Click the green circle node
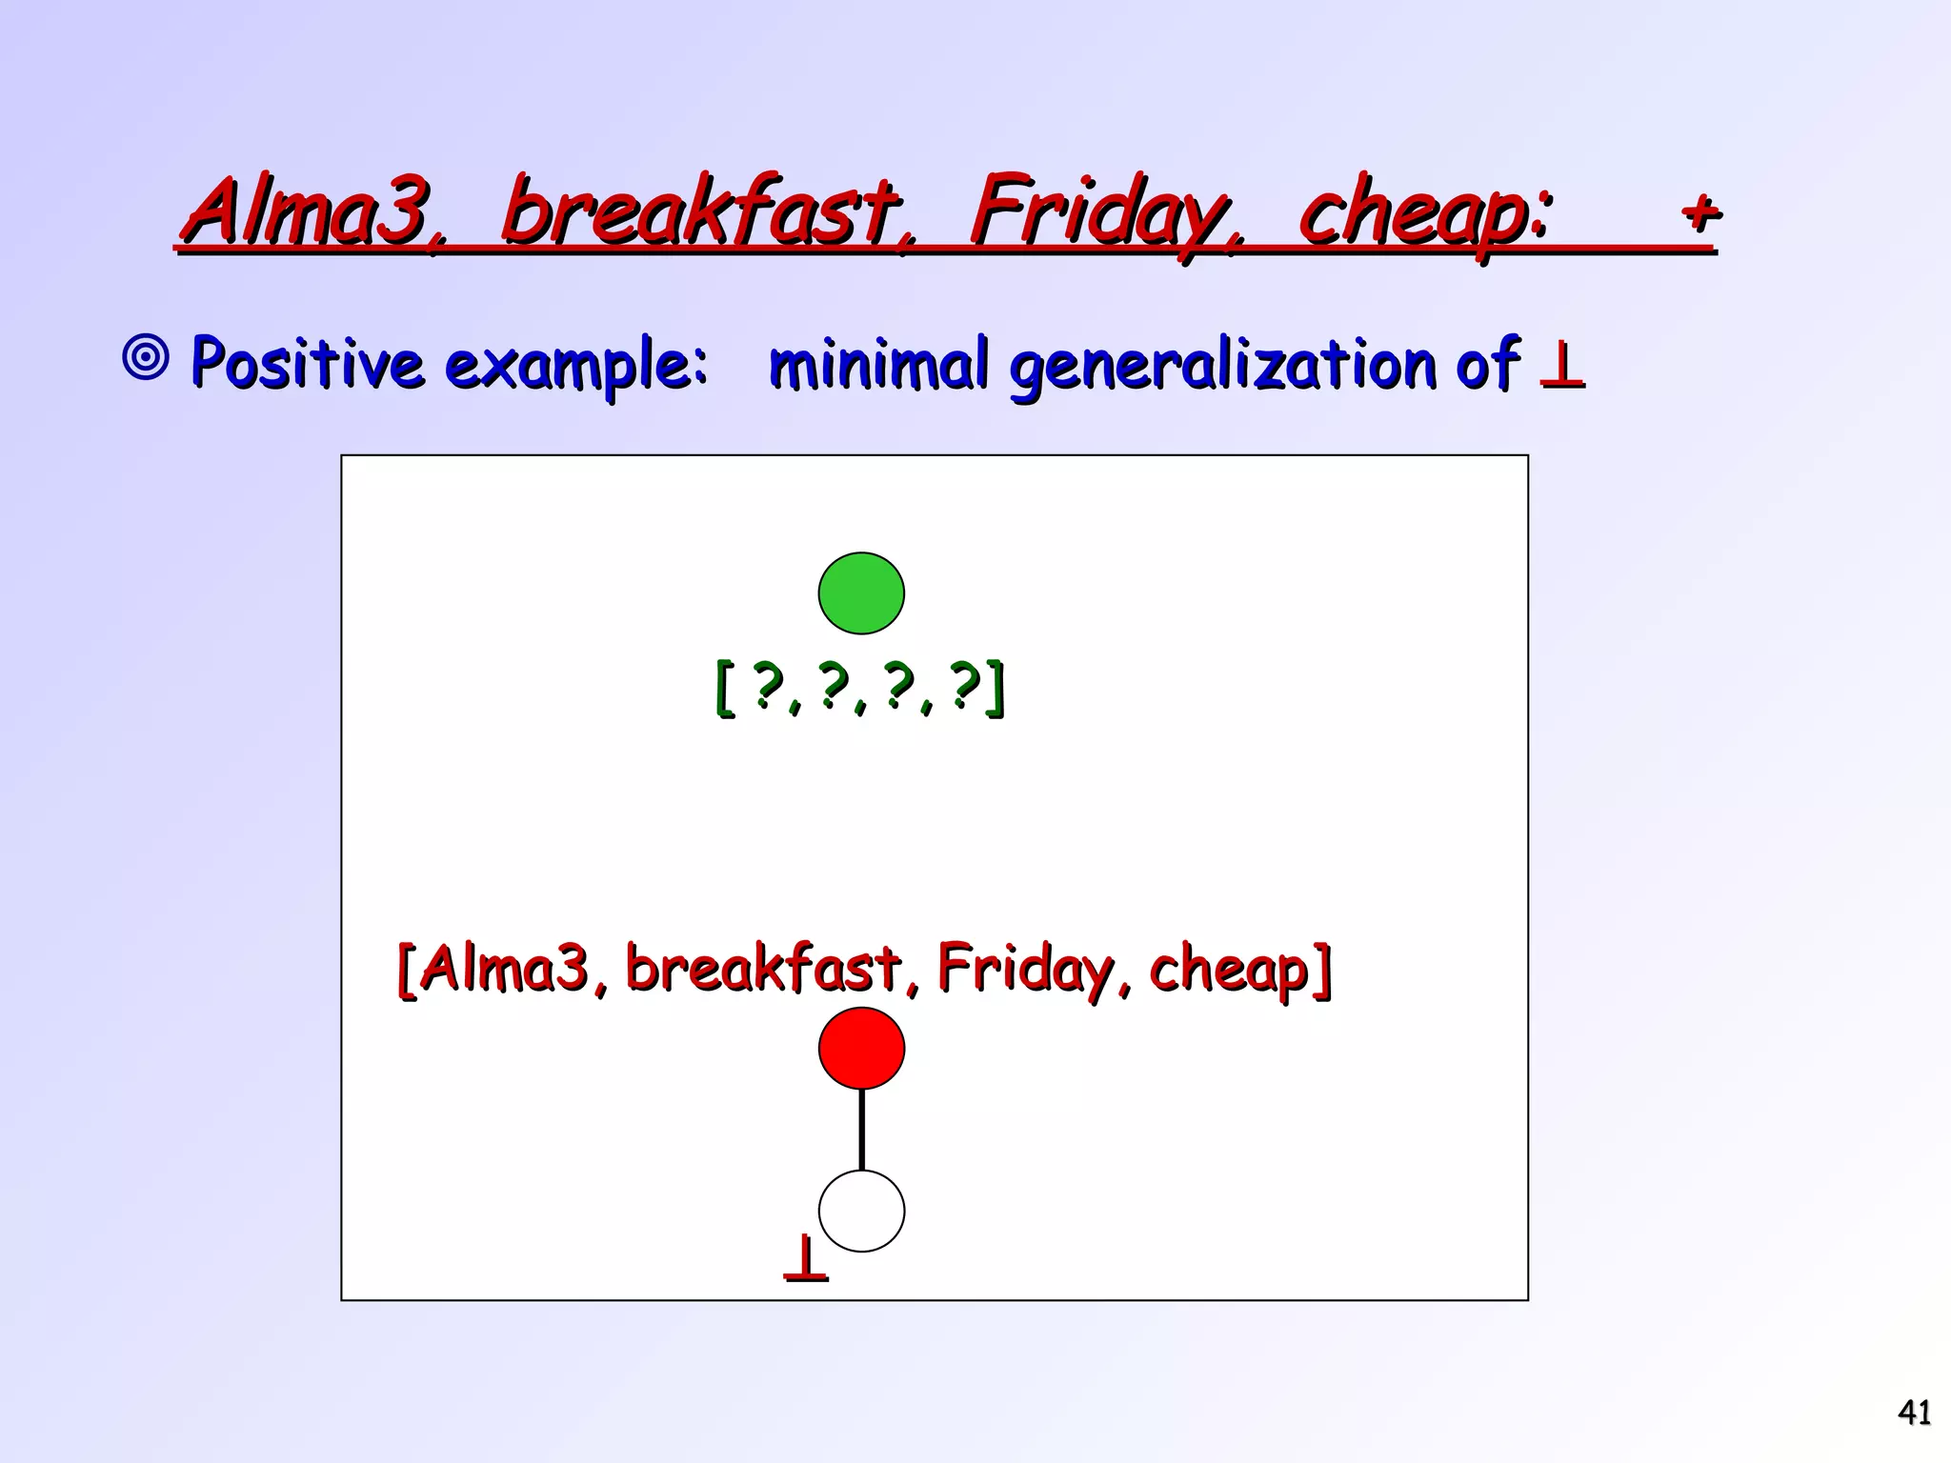[x=861, y=592]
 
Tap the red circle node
[x=861, y=1048]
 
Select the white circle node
[x=861, y=1211]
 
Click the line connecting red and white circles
[x=861, y=1130]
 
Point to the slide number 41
[x=1914, y=1412]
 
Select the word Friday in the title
[x=1105, y=211]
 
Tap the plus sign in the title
[x=1700, y=211]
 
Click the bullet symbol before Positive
[x=146, y=359]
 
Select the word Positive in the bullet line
[x=306, y=362]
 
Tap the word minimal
[x=877, y=363]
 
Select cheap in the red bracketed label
[x=1238, y=970]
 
